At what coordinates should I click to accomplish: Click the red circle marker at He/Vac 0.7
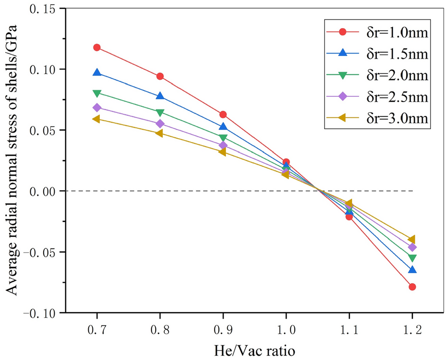pos(97,47)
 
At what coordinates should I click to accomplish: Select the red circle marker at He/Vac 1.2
pos(412,287)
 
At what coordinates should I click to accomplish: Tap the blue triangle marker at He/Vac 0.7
pos(97,73)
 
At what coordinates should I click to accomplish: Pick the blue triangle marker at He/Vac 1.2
pos(412,270)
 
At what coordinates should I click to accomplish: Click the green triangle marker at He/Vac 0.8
pos(160,113)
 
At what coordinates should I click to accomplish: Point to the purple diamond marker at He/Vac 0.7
pos(97,108)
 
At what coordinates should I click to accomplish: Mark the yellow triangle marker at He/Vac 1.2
pos(412,239)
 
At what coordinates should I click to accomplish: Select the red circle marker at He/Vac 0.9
pos(223,114)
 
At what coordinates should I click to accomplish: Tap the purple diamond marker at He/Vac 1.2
pos(412,247)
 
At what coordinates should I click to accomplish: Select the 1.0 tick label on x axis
pos(286,329)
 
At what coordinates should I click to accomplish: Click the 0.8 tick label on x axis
pos(160,329)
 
